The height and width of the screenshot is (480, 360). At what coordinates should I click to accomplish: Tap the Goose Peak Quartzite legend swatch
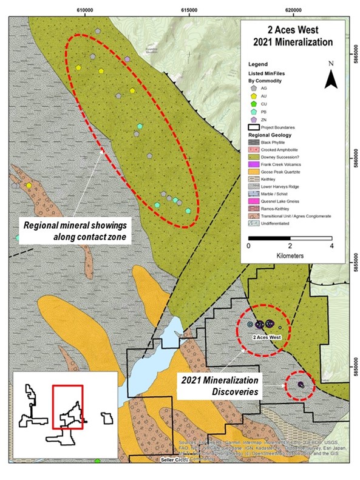tap(255, 171)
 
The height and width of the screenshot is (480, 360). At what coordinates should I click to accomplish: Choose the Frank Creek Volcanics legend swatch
tap(255, 164)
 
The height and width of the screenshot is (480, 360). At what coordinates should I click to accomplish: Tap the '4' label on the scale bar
tap(331, 246)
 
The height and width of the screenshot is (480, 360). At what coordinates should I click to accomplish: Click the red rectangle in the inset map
tap(67, 407)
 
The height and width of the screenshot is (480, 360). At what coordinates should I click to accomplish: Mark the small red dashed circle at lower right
tap(300, 385)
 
